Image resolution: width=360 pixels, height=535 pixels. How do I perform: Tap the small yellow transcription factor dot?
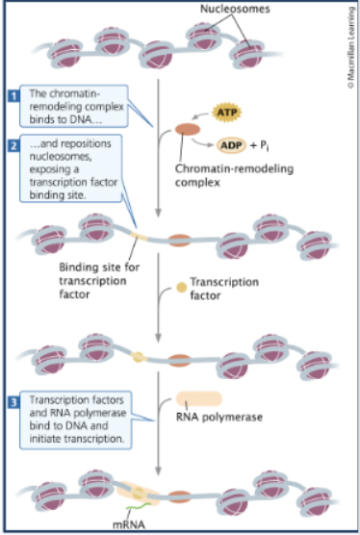point(180,287)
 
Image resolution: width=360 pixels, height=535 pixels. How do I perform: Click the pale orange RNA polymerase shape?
point(198,398)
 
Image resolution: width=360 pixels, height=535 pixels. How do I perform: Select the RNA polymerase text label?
point(212,418)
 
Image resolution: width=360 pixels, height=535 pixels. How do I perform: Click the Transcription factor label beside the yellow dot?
point(223,289)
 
